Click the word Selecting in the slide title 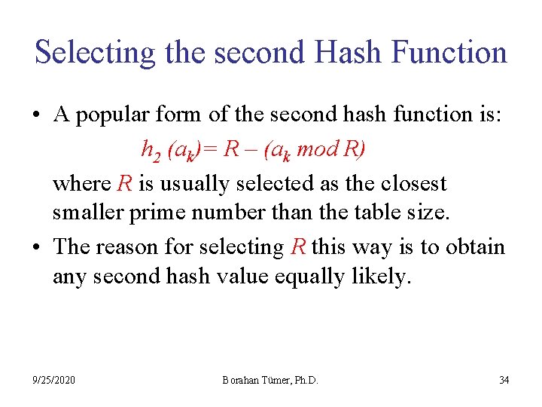click(96, 53)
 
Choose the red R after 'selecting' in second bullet click(297, 246)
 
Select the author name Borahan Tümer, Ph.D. click(269, 380)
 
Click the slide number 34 click(504, 380)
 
